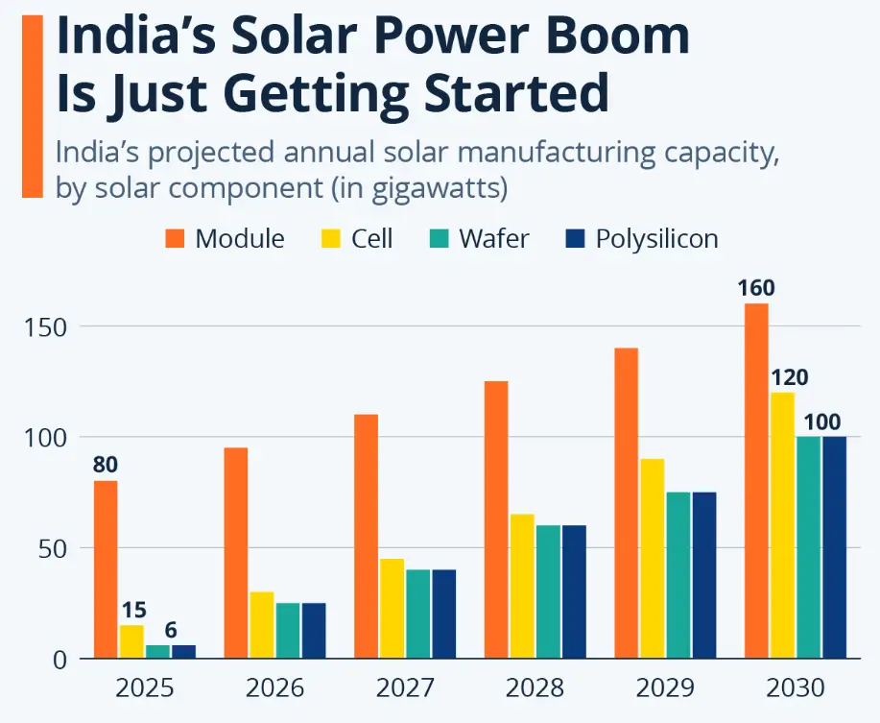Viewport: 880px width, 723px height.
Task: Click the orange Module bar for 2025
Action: pos(106,569)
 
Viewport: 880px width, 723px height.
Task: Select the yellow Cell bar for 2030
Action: pos(782,525)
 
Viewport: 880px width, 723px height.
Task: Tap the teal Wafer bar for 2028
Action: pos(548,591)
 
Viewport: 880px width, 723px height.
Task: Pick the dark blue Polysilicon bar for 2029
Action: pos(703,575)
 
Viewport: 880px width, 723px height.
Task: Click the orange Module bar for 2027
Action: pos(366,536)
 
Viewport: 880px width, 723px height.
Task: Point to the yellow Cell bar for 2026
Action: pos(262,625)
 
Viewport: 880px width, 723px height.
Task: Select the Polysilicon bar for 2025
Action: pos(183,652)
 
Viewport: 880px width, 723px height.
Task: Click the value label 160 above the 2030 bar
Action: pos(756,288)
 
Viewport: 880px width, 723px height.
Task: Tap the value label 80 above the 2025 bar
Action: pos(106,466)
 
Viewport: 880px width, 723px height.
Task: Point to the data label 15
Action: pos(131,610)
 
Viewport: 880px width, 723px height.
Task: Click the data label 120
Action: pos(789,377)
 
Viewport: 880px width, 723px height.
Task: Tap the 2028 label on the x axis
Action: pos(535,688)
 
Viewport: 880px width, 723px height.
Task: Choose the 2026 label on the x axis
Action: pos(274,688)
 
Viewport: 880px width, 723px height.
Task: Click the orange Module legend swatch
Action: pos(174,238)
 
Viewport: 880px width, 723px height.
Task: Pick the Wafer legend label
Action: pos(493,238)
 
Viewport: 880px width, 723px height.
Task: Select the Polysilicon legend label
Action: pos(656,238)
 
